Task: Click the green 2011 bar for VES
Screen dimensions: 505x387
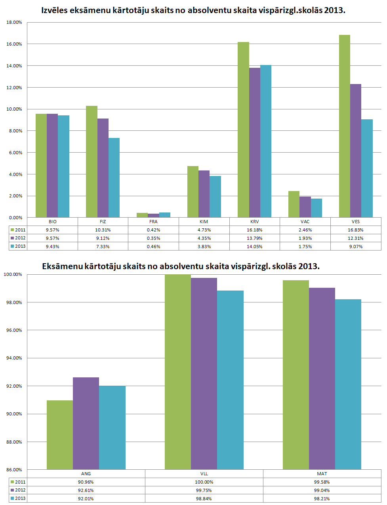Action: pos(344,126)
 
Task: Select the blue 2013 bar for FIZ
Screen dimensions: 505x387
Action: pos(114,178)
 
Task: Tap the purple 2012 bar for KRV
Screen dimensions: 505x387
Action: pos(255,143)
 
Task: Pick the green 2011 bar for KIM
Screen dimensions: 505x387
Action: pos(193,192)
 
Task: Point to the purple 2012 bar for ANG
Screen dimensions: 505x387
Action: pos(86,423)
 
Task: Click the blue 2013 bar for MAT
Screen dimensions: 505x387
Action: pos(348,384)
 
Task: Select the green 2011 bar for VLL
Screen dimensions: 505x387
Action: pos(178,372)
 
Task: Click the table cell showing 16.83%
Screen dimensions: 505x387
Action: pos(355,230)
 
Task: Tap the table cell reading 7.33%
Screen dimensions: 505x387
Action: pos(103,247)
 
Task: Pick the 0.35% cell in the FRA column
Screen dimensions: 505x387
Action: pos(153,238)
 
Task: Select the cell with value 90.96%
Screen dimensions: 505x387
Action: pos(86,482)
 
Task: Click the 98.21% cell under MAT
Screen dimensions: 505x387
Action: pos(322,499)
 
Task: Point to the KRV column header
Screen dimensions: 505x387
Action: pos(254,222)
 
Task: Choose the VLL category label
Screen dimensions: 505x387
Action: pos(204,474)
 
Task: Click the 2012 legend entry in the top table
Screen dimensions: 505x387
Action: pos(18,238)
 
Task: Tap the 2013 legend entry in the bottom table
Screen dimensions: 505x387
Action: pos(18,499)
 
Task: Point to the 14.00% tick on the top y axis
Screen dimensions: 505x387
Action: pos(14,66)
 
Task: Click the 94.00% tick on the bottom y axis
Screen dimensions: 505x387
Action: pos(14,358)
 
